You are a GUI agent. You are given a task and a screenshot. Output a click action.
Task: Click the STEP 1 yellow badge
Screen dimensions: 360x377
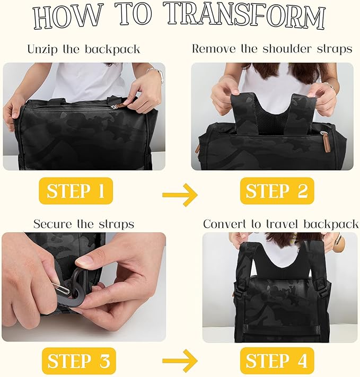(x=76, y=191)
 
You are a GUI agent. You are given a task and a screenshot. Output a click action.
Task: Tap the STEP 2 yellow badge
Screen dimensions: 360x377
(x=277, y=191)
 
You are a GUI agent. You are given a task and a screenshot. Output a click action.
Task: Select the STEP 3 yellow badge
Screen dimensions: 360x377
(x=79, y=361)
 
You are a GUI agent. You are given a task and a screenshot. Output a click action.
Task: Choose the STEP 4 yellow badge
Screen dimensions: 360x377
(x=277, y=361)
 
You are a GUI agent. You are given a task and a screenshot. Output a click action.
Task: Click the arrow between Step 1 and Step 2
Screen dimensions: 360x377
(x=180, y=195)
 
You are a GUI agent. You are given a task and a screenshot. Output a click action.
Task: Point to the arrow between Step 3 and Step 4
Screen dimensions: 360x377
(x=180, y=361)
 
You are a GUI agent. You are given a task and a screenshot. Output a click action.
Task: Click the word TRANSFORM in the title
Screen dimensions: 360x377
(x=245, y=15)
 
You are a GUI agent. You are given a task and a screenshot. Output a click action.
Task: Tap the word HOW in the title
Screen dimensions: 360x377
(x=67, y=17)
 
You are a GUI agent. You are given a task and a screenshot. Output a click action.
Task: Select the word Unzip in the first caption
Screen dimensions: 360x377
(x=42, y=49)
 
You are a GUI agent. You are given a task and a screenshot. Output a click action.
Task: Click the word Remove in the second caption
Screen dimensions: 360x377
(x=214, y=49)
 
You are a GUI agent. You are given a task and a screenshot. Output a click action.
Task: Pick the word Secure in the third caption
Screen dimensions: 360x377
(x=52, y=224)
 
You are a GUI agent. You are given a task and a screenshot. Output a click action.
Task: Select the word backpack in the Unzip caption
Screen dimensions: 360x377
(x=112, y=49)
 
